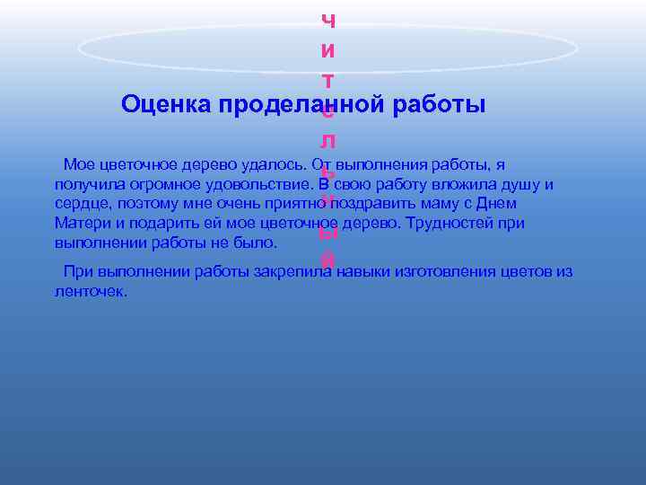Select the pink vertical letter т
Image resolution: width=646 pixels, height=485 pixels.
(x=328, y=81)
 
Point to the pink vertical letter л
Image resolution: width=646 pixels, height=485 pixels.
(x=328, y=141)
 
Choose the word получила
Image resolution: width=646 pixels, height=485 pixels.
(x=86, y=185)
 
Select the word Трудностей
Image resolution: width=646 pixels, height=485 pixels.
(x=446, y=224)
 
